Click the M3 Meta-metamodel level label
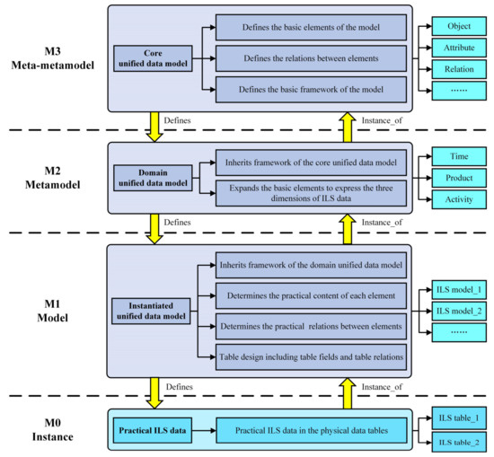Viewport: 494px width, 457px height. pos(52,59)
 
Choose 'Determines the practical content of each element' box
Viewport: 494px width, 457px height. pos(310,294)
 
